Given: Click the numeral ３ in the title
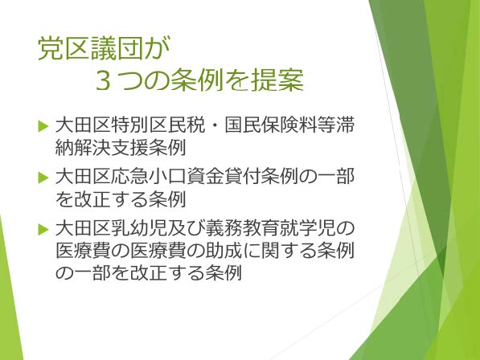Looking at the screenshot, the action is click(x=104, y=82).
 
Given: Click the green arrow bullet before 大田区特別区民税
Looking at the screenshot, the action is click(x=43, y=125).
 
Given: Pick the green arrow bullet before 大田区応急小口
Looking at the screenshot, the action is click(x=43, y=178).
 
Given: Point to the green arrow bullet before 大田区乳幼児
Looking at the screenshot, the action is click(x=43, y=229).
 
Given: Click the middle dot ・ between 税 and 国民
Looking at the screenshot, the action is click(x=215, y=125).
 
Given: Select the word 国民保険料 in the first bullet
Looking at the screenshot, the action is click(x=272, y=125).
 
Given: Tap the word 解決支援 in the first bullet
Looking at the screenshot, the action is click(x=112, y=147).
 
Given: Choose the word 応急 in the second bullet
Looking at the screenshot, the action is click(x=130, y=177).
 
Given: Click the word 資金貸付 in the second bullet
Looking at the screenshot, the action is click(x=224, y=177).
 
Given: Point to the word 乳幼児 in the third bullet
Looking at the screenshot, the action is click(x=140, y=229).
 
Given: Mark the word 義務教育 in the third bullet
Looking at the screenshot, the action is click(x=242, y=229).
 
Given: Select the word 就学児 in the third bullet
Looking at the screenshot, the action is click(x=307, y=229).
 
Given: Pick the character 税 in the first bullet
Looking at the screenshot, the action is click(x=195, y=125).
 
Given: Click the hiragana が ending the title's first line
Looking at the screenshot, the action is click(x=158, y=49).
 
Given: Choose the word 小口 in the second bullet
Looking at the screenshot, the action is click(x=167, y=177).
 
